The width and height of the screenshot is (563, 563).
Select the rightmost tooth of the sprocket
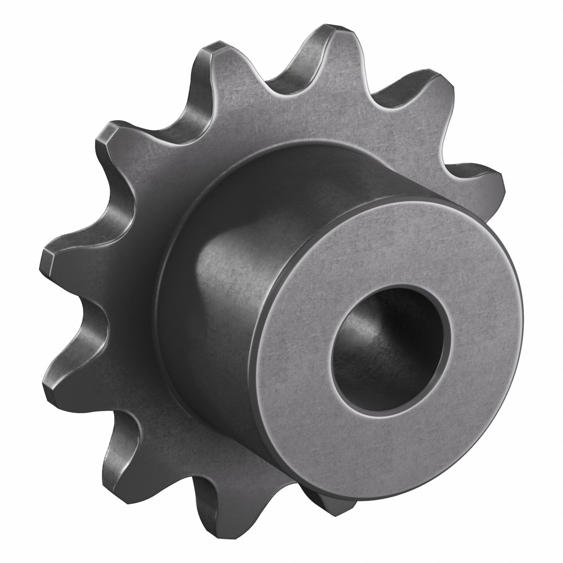point(478,187)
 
